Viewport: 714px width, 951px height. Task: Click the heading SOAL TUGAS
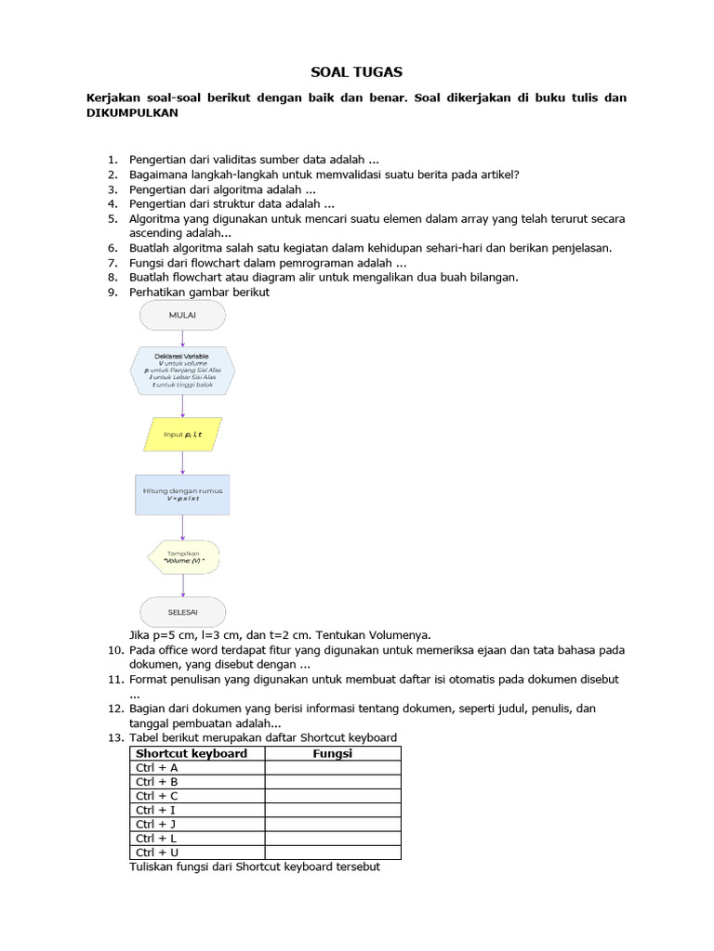click(x=356, y=72)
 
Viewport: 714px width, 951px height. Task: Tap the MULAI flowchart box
click(x=182, y=316)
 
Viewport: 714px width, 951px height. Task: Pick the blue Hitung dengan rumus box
click(x=182, y=494)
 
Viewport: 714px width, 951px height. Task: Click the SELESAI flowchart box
click(x=182, y=611)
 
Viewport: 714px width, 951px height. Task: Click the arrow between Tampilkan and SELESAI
click(x=182, y=584)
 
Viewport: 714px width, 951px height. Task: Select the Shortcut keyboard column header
click(x=192, y=753)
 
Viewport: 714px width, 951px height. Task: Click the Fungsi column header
click(x=332, y=753)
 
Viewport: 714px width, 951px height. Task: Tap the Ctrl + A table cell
click(x=196, y=768)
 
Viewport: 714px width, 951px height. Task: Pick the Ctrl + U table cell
click(x=196, y=852)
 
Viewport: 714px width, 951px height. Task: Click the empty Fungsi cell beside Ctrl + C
click(x=332, y=796)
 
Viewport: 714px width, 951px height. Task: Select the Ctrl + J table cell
click(x=196, y=824)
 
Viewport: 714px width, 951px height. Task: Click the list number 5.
click(x=112, y=219)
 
